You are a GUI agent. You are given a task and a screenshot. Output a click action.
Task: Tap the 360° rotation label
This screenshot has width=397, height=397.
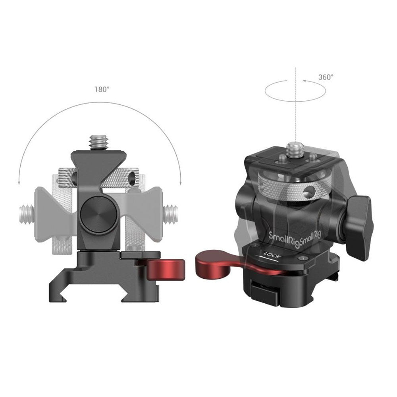tap(326, 77)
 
